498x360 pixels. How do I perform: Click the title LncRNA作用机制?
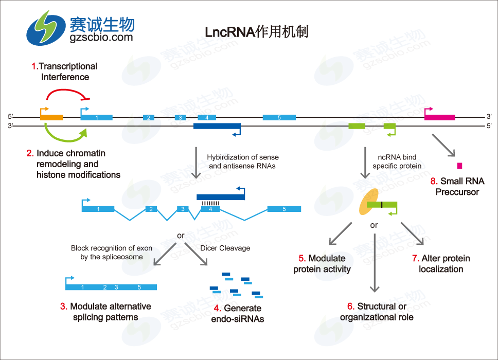(249, 32)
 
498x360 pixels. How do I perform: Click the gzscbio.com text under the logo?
(101, 37)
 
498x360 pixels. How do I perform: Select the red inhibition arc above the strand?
(67, 92)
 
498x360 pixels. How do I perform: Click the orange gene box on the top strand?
(51, 117)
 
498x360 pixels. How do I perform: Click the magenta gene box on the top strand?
(439, 117)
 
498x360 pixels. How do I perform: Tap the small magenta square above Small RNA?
(459, 166)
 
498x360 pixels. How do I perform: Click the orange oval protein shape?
(369, 204)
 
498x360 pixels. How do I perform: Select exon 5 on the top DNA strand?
(279, 117)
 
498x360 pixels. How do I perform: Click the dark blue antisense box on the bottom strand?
(217, 126)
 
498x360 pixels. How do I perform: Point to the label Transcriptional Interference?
(65, 71)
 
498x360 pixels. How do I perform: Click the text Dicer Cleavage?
(225, 248)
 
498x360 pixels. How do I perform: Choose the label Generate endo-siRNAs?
(238, 314)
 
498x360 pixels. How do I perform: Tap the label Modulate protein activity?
(322, 263)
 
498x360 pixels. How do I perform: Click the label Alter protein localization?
(441, 263)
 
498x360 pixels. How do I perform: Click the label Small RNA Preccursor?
(457, 187)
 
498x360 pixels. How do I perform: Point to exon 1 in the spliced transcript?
(98, 209)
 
